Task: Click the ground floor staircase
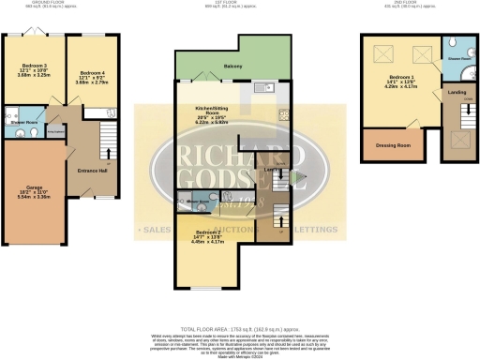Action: coord(106,136)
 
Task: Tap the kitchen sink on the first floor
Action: coord(261,89)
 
